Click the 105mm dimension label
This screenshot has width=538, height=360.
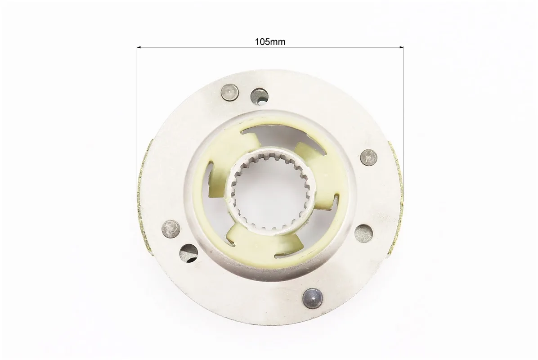coord(270,42)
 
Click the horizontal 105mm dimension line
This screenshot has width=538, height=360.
coord(270,47)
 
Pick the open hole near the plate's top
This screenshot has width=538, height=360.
coord(259,96)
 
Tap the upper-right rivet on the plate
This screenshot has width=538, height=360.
coord(369,158)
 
